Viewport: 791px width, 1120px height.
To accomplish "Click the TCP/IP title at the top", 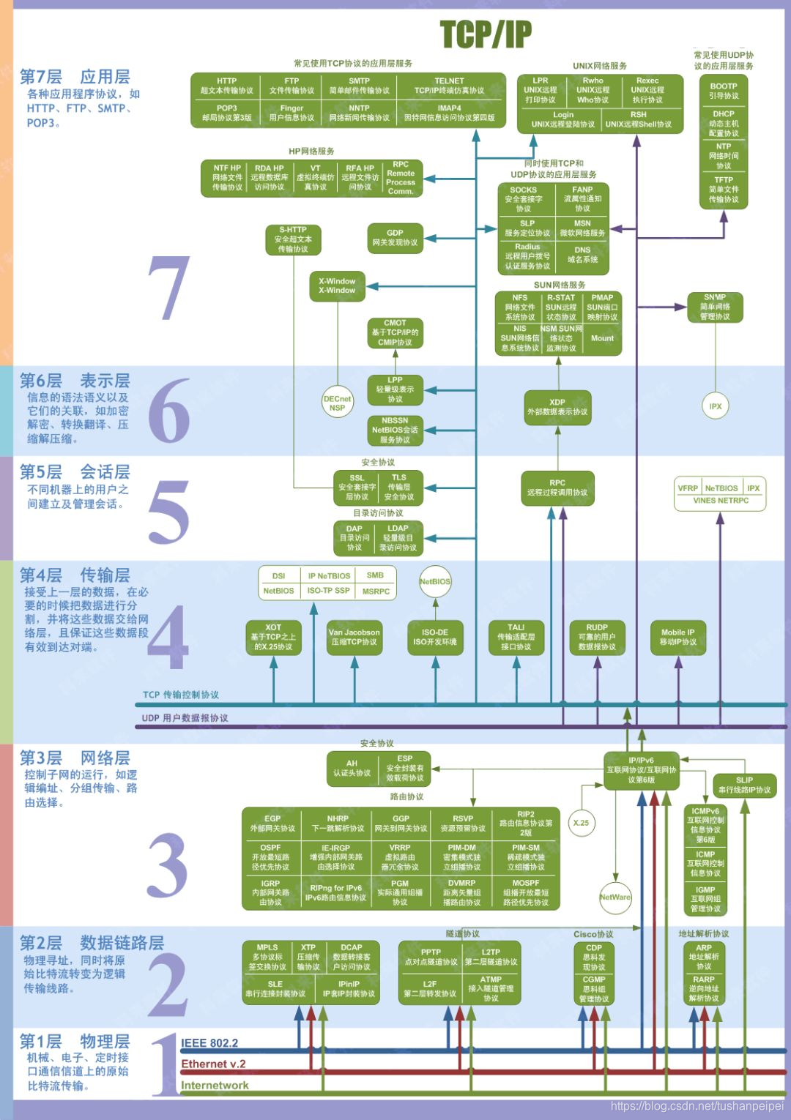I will point(486,34).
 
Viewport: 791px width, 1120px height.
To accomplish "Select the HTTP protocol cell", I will point(226,86).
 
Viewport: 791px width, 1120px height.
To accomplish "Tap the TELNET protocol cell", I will point(449,86).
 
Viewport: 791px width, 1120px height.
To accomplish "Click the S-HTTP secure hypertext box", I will point(293,239).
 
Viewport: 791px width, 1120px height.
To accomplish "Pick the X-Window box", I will point(337,285).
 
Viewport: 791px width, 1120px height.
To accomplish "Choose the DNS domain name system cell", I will point(582,255).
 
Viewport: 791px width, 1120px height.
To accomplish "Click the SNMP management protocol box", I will point(715,307).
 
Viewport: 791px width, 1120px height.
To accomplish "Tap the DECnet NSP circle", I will point(337,403).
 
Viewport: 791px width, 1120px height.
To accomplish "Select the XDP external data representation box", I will point(557,407).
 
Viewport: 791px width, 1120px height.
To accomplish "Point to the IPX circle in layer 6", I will point(716,406).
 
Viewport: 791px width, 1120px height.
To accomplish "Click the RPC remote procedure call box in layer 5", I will point(557,488).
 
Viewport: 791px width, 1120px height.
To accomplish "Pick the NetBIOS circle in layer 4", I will point(435,581).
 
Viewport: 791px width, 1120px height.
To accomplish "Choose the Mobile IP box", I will point(678,637).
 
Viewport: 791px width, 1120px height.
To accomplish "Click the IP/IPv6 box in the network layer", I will point(641,770).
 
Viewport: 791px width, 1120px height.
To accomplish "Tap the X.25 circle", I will point(581,823).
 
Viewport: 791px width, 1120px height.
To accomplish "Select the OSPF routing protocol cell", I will point(271,857).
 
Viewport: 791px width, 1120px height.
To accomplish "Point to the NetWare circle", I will point(614,897).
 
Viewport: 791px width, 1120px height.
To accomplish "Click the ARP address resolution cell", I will point(704,956).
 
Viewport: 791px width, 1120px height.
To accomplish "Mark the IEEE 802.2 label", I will point(209,1043).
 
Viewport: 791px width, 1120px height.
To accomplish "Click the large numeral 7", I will point(170,288).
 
